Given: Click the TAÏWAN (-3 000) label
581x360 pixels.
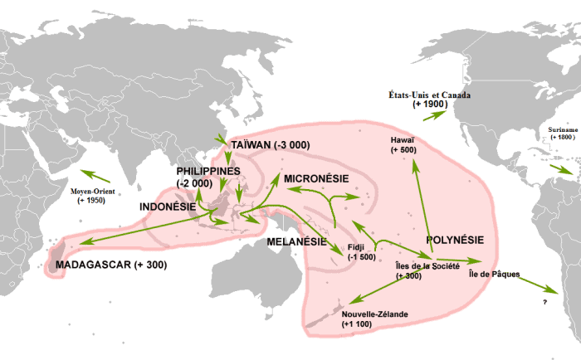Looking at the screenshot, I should [x=271, y=144].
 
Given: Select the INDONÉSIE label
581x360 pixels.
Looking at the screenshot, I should [x=167, y=207].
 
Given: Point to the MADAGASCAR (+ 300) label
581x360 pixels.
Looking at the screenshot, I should [x=110, y=265].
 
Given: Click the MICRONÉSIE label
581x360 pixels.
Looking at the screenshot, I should [x=320, y=178].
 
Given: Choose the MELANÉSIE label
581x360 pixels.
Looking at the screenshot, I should [x=296, y=241].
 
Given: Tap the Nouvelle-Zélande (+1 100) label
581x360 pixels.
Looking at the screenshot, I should [x=369, y=320].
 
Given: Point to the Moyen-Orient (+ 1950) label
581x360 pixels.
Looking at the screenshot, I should [x=91, y=196].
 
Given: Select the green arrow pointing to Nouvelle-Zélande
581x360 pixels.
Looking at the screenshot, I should [x=382, y=289].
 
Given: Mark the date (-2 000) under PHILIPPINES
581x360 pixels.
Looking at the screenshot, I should [x=195, y=183].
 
